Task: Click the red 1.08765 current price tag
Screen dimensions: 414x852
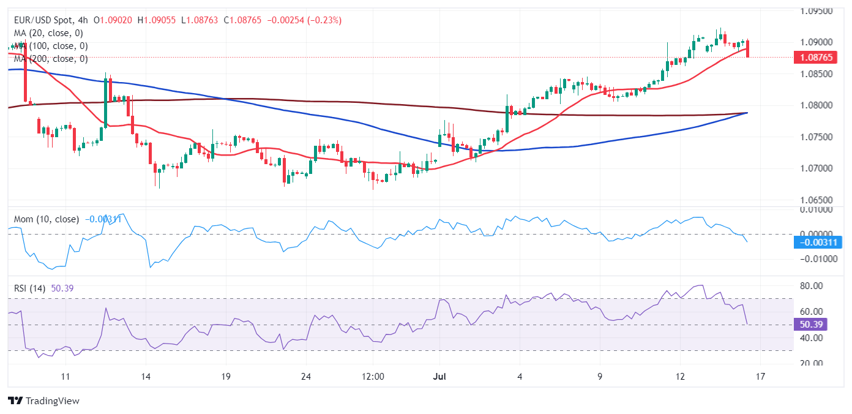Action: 816,58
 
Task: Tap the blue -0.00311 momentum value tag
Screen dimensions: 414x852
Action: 817,242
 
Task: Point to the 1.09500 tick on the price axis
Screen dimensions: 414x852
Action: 816,11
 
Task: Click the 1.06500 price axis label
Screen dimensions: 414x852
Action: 816,200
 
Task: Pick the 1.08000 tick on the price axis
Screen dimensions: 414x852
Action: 816,105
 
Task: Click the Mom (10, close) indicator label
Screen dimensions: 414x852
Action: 47,219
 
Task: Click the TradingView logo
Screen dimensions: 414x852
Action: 44,401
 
